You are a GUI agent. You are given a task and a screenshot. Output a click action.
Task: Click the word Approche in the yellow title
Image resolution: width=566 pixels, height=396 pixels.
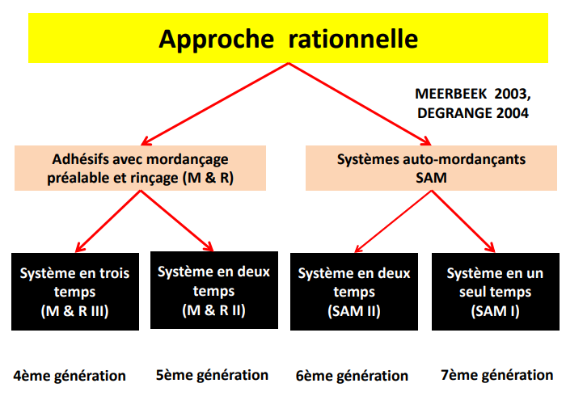tap(216, 40)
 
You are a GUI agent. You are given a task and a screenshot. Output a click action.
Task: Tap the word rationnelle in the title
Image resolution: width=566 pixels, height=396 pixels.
tap(353, 38)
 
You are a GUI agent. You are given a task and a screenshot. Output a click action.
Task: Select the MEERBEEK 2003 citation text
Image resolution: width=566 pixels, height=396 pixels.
tap(473, 94)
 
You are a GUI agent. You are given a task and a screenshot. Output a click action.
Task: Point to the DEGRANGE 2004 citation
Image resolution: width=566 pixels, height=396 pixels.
tap(473, 113)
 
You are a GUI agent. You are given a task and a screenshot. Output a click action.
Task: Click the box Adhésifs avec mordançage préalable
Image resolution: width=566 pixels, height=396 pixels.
tap(140, 168)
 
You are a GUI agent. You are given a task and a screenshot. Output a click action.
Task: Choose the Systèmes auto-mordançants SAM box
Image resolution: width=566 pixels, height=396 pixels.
tap(431, 168)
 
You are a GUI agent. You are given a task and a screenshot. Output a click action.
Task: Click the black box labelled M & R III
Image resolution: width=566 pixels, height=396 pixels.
tap(75, 292)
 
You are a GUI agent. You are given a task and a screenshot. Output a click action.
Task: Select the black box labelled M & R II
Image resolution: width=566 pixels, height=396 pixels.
tap(214, 290)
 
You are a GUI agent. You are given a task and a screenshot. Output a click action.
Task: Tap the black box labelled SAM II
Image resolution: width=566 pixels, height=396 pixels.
tap(354, 292)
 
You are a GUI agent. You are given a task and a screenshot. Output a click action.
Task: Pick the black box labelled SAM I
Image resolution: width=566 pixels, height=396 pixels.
tap(495, 292)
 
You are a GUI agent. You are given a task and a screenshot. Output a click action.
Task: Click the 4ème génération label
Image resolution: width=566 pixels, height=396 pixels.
tap(70, 376)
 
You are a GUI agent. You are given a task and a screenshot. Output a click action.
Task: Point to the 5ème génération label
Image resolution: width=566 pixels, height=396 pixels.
tap(212, 375)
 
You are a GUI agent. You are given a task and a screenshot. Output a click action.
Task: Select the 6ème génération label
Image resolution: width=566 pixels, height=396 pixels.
tap(352, 376)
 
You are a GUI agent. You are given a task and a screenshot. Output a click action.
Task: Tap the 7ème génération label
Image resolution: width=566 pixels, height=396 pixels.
tap(496, 375)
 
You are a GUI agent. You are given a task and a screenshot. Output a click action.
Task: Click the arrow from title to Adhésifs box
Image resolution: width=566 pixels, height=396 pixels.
tap(215, 104)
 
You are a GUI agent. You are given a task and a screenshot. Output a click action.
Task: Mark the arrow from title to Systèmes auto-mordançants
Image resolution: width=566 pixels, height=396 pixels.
tap(360, 104)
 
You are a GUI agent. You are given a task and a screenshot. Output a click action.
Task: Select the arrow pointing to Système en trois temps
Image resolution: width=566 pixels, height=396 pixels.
tap(108, 221)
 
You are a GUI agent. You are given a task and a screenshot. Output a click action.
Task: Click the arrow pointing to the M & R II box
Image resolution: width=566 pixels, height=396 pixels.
tap(177, 221)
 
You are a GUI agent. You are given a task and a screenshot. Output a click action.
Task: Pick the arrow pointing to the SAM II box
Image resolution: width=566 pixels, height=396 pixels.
tap(393, 221)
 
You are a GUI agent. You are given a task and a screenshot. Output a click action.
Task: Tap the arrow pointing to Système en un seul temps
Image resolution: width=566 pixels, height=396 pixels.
tap(463, 221)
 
